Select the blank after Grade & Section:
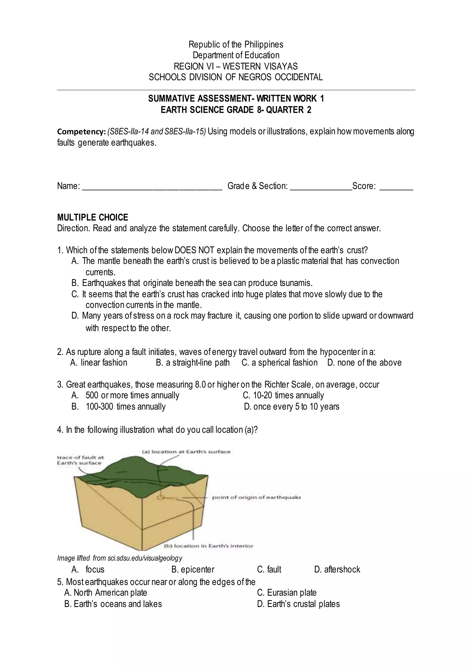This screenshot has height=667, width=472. pyautogui.click(x=321, y=187)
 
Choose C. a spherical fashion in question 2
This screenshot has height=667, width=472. pyautogui.click(x=279, y=363)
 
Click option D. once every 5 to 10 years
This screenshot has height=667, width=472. pyautogui.click(x=292, y=407)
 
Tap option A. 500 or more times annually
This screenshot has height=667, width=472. pyautogui.click(x=125, y=395)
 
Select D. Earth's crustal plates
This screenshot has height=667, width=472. pyautogui.click(x=298, y=604)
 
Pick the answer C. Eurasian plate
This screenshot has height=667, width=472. pyautogui.click(x=286, y=593)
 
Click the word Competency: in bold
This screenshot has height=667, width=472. pyautogui.click(x=81, y=132)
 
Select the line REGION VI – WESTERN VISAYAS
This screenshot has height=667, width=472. pyautogui.click(x=236, y=66)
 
